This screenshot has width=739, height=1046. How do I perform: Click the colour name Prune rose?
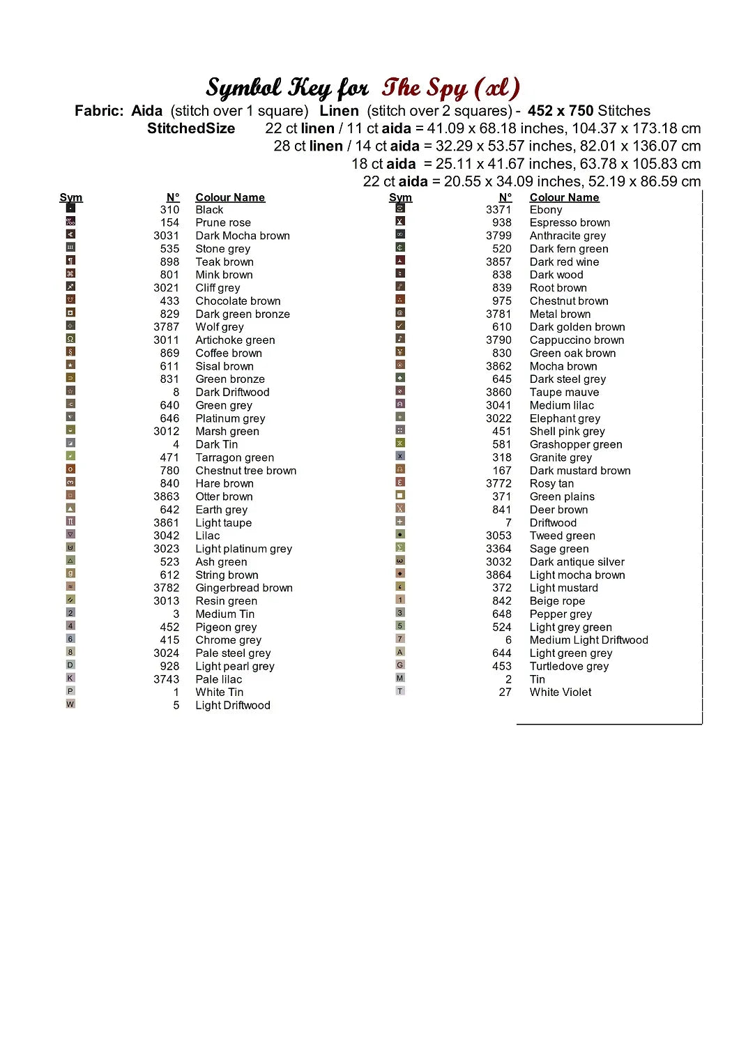click(223, 222)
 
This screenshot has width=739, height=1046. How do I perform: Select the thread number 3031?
click(166, 236)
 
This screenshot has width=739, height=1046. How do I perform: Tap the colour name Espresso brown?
click(570, 222)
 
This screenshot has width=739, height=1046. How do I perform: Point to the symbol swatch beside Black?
click(70, 208)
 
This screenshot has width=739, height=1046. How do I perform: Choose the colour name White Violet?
click(560, 692)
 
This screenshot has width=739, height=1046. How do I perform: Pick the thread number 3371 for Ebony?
click(498, 209)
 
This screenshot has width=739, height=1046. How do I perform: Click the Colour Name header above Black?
click(230, 197)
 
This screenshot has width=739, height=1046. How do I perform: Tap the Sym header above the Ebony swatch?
click(400, 197)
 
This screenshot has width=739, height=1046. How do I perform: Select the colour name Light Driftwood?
click(232, 706)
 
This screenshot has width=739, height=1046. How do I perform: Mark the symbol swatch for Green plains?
click(400, 495)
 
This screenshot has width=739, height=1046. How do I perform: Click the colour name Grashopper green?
click(576, 444)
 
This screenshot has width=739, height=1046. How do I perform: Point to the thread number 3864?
click(498, 575)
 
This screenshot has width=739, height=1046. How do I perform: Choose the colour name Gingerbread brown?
click(244, 588)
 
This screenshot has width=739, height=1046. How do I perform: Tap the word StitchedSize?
click(191, 128)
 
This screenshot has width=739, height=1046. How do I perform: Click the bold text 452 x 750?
click(560, 110)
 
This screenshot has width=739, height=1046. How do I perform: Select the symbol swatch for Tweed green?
click(400, 534)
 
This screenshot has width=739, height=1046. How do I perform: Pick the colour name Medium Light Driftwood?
click(588, 640)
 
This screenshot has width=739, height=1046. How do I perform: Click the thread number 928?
click(169, 667)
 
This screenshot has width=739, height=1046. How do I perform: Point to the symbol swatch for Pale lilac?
click(70, 678)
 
